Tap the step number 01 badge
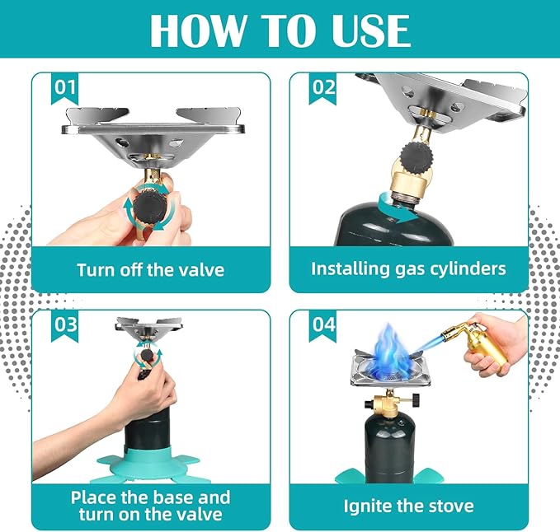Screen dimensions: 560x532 [x=64, y=88]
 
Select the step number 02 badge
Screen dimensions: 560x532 [x=322, y=88]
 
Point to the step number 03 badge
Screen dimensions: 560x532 [x=64, y=325]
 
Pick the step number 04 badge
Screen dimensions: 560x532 [x=322, y=325]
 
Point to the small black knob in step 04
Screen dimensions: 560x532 [x=416, y=399]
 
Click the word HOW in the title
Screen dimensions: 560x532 [x=197, y=30]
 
